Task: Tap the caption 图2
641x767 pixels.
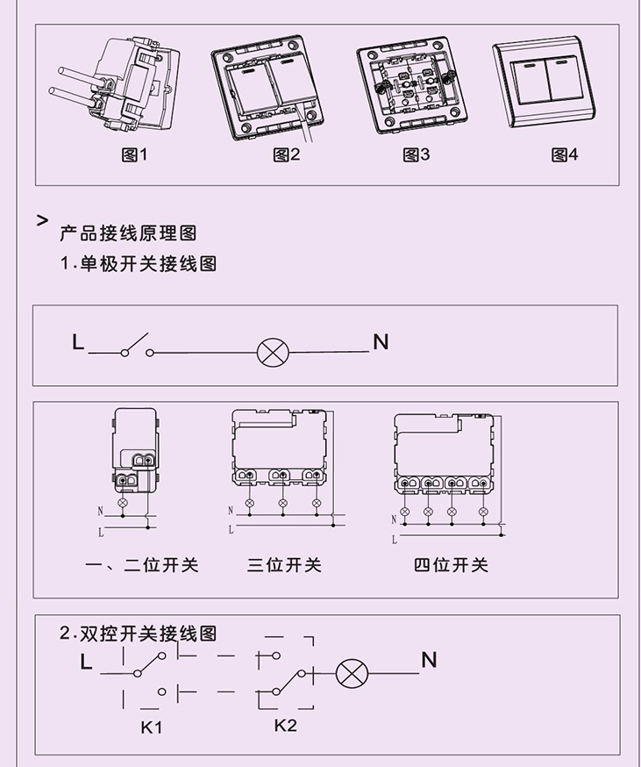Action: click(287, 155)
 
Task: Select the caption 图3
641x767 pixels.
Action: click(417, 155)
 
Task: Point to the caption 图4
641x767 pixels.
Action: click(565, 155)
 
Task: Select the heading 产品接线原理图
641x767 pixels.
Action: click(128, 233)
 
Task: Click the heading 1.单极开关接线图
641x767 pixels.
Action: click(138, 263)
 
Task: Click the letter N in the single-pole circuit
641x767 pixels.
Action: click(381, 342)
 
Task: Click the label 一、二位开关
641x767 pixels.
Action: click(142, 565)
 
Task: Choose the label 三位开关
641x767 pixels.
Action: click(284, 565)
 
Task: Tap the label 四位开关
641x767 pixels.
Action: click(451, 565)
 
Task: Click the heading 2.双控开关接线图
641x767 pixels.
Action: click(138, 634)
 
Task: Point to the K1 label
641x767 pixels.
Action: click(152, 728)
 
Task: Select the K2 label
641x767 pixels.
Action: click(285, 725)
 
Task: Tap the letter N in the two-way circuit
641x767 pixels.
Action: click(429, 660)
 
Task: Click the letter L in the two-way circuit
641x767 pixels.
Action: click(86, 663)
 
